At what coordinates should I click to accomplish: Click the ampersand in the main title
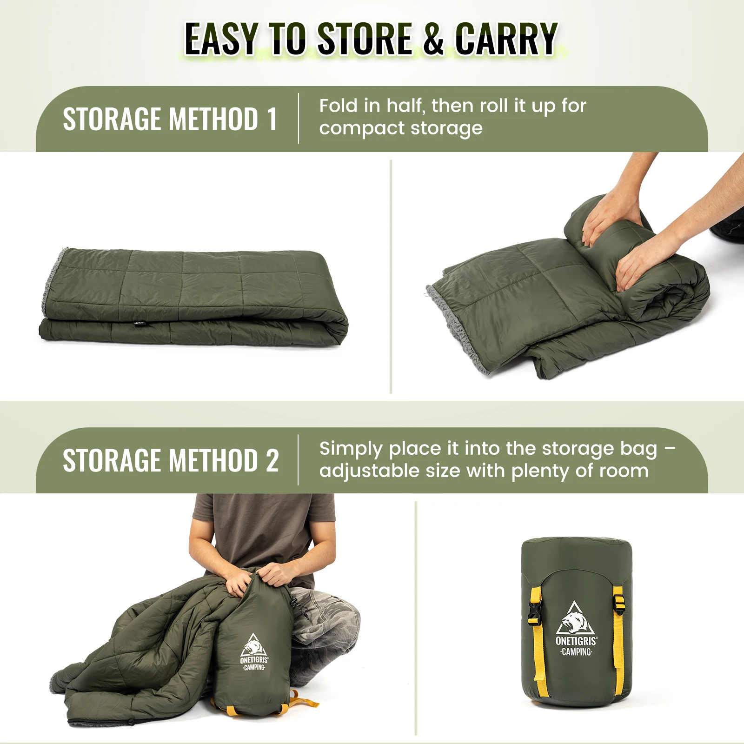pyautogui.click(x=434, y=39)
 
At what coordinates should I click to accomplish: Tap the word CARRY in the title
pyautogui.click(x=506, y=39)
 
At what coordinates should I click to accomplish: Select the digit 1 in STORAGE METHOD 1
pyautogui.click(x=272, y=119)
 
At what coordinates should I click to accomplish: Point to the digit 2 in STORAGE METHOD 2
pyautogui.click(x=272, y=460)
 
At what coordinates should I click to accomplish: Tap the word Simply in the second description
pyautogui.click(x=351, y=449)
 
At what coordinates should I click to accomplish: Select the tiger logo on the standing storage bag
pyautogui.click(x=576, y=618)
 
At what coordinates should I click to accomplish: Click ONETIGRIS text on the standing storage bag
pyautogui.click(x=576, y=641)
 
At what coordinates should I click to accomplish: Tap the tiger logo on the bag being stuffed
pyautogui.click(x=253, y=645)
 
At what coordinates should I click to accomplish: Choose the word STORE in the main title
pyautogui.click(x=365, y=39)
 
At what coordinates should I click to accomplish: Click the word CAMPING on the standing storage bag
pyautogui.click(x=576, y=652)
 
